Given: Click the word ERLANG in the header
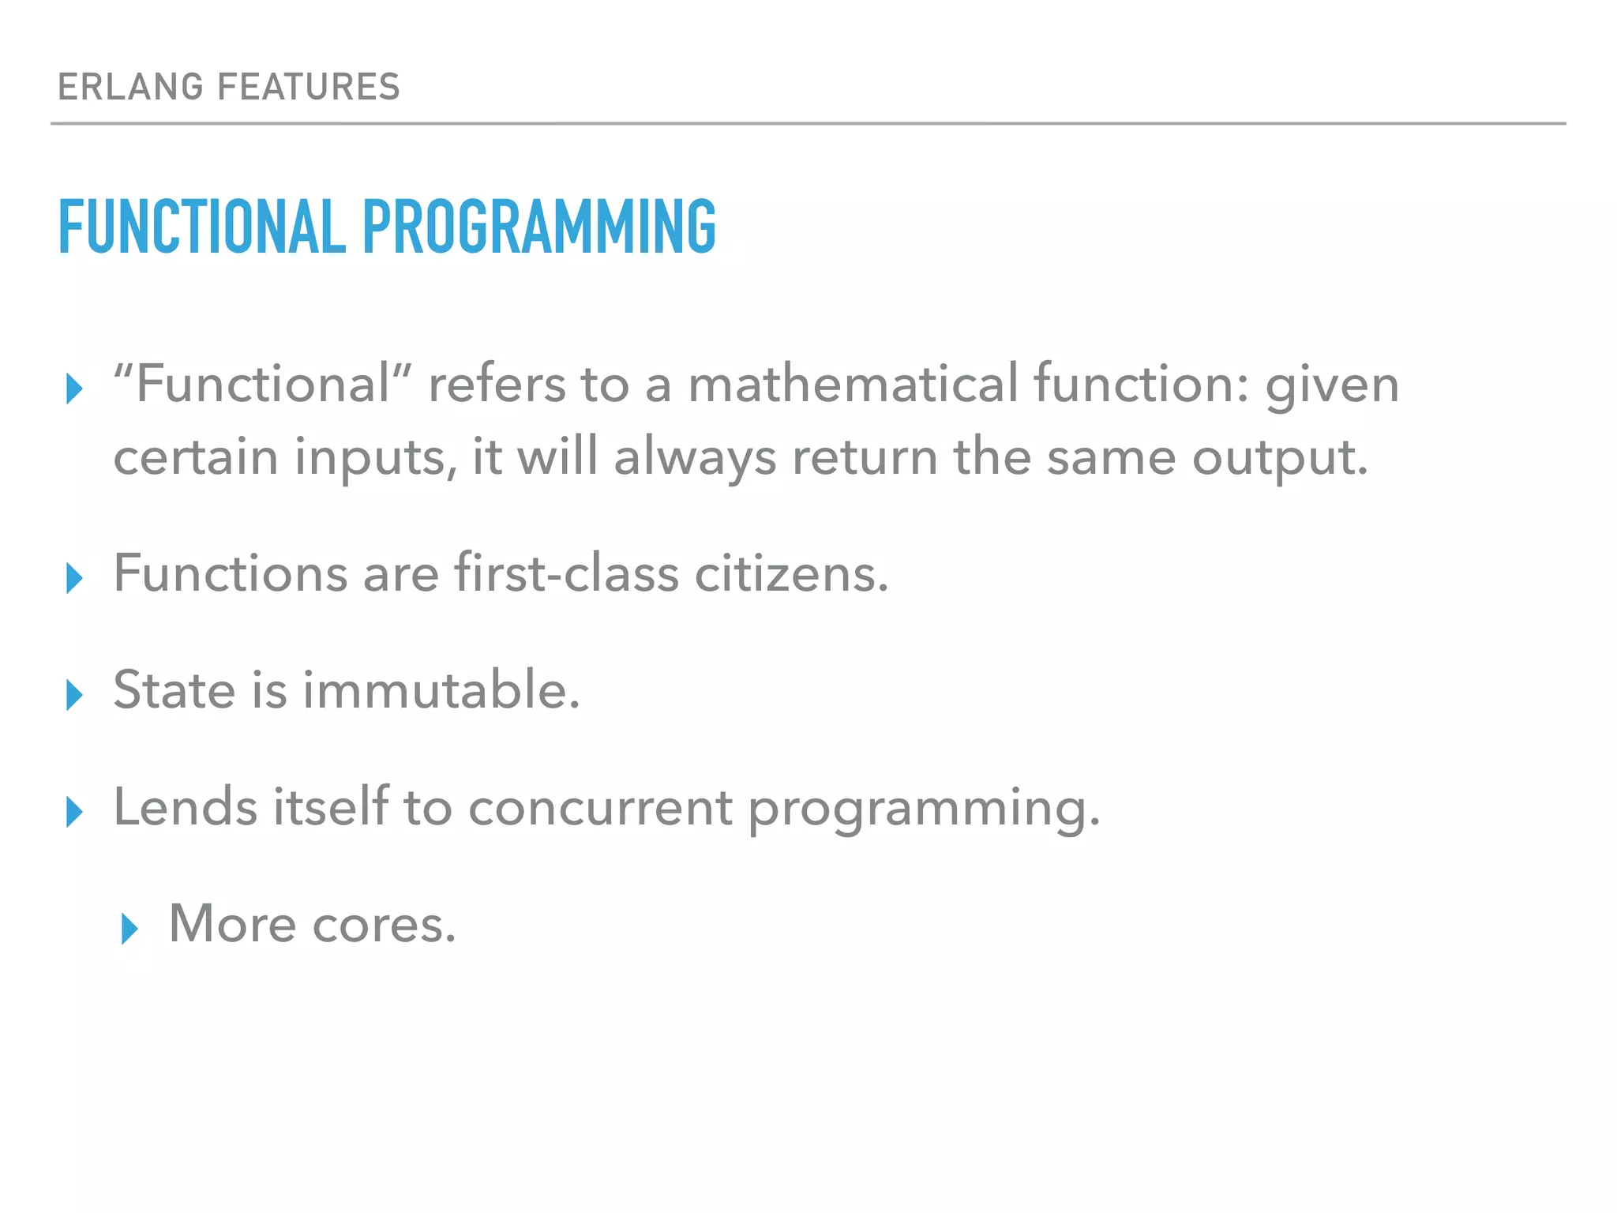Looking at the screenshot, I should click(x=131, y=87).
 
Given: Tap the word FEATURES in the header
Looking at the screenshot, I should click(x=309, y=87).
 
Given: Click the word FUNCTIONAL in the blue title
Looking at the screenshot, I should click(x=202, y=227).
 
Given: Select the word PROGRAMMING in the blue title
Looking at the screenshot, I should click(x=539, y=227).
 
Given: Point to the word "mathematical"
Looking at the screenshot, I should click(x=854, y=385).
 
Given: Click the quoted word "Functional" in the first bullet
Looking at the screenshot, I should click(x=263, y=385).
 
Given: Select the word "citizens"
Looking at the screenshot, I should click(x=790, y=573).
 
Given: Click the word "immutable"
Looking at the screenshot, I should click(x=441, y=690).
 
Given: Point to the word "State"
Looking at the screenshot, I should click(x=174, y=690).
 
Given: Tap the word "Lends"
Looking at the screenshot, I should click(x=186, y=807).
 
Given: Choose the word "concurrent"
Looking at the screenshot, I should click(x=600, y=807).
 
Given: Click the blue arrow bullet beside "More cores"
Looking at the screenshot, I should click(x=129, y=929).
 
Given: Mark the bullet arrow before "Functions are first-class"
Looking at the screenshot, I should click(x=74, y=578).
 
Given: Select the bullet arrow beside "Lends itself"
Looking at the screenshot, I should click(x=74, y=812).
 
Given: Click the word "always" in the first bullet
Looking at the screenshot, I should click(x=695, y=458).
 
